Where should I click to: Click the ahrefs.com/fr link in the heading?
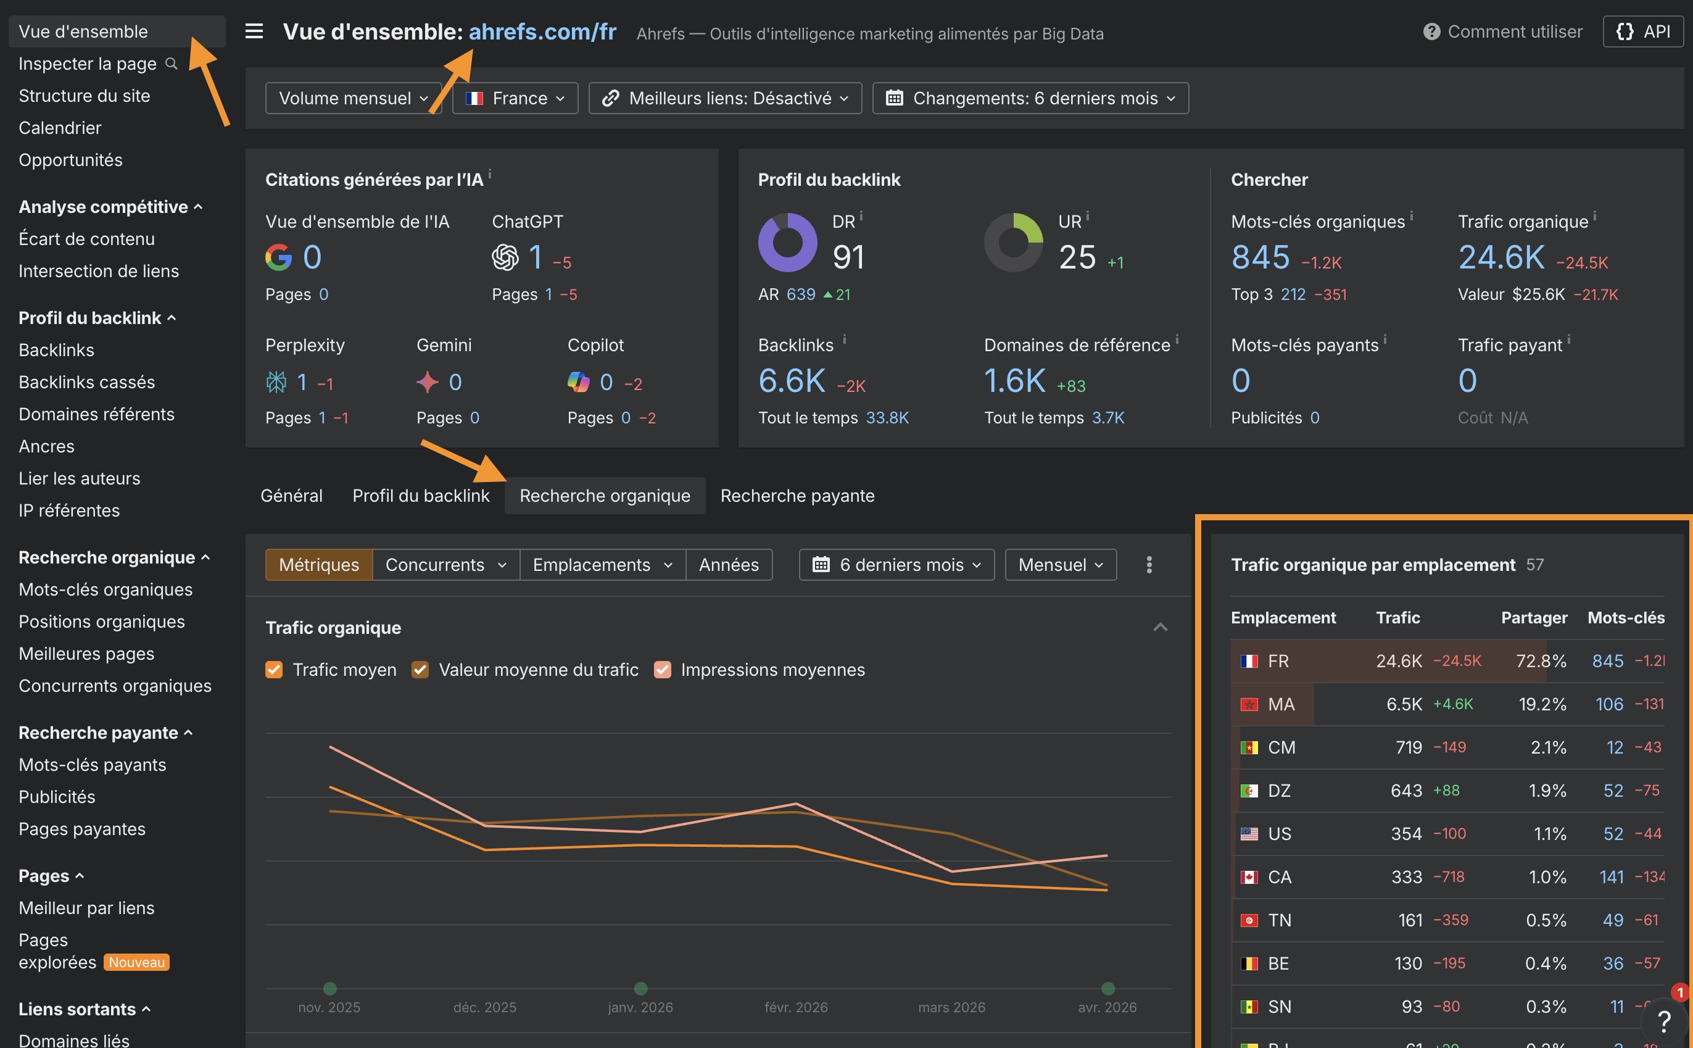click(542, 32)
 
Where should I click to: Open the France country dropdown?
click(515, 98)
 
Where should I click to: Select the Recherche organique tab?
click(604, 496)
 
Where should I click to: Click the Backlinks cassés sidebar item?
click(86, 382)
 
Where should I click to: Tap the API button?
click(1642, 32)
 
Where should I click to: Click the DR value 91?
click(848, 257)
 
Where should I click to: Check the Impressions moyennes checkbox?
click(662, 670)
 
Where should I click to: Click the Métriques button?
click(318, 565)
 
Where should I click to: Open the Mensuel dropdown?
click(1060, 565)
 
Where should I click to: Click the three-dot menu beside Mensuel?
click(1149, 565)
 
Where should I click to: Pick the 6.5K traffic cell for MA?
click(1404, 704)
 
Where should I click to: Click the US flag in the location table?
click(1249, 834)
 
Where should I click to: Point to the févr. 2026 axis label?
click(796, 1007)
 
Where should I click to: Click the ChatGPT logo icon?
click(505, 257)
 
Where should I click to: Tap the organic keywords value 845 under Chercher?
click(1260, 257)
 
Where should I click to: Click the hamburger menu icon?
click(254, 32)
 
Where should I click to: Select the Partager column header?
click(1533, 618)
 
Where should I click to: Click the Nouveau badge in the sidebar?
click(136, 962)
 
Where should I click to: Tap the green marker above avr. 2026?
click(1107, 988)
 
